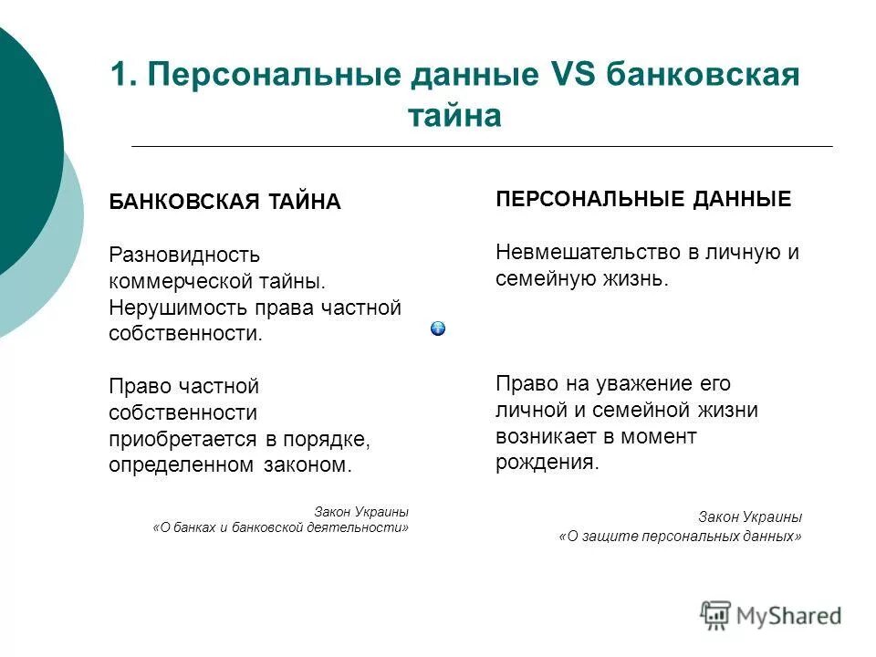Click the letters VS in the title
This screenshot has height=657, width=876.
574,75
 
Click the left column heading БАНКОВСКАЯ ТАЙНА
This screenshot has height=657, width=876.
224,202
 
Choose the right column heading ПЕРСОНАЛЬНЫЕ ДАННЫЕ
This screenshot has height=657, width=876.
643,199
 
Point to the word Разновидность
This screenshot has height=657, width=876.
184,255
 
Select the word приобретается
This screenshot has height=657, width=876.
184,439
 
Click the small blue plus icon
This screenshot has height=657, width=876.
438,328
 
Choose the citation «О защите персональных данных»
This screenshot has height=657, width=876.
680,537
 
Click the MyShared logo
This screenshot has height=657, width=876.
770,616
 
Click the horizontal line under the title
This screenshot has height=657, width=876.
482,146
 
